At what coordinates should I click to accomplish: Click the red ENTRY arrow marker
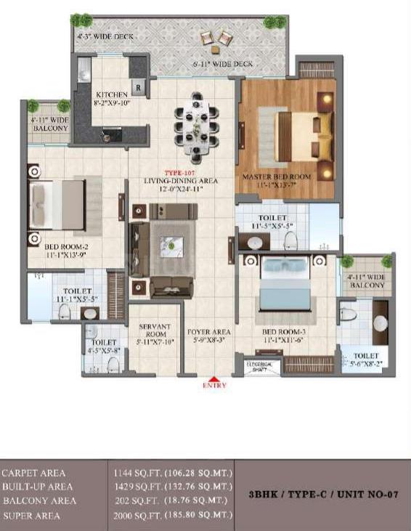[213, 379]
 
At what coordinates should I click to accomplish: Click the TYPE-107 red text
[176, 172]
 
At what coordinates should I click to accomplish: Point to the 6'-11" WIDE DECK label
[223, 65]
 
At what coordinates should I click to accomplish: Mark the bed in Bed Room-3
[285, 281]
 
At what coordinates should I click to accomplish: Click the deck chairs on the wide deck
[216, 41]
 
